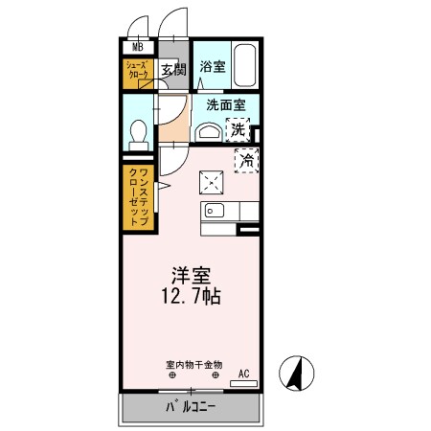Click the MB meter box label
[137, 46]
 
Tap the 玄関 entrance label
[171, 70]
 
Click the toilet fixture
[138, 132]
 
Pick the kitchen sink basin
[213, 211]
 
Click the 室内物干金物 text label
[193, 365]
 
